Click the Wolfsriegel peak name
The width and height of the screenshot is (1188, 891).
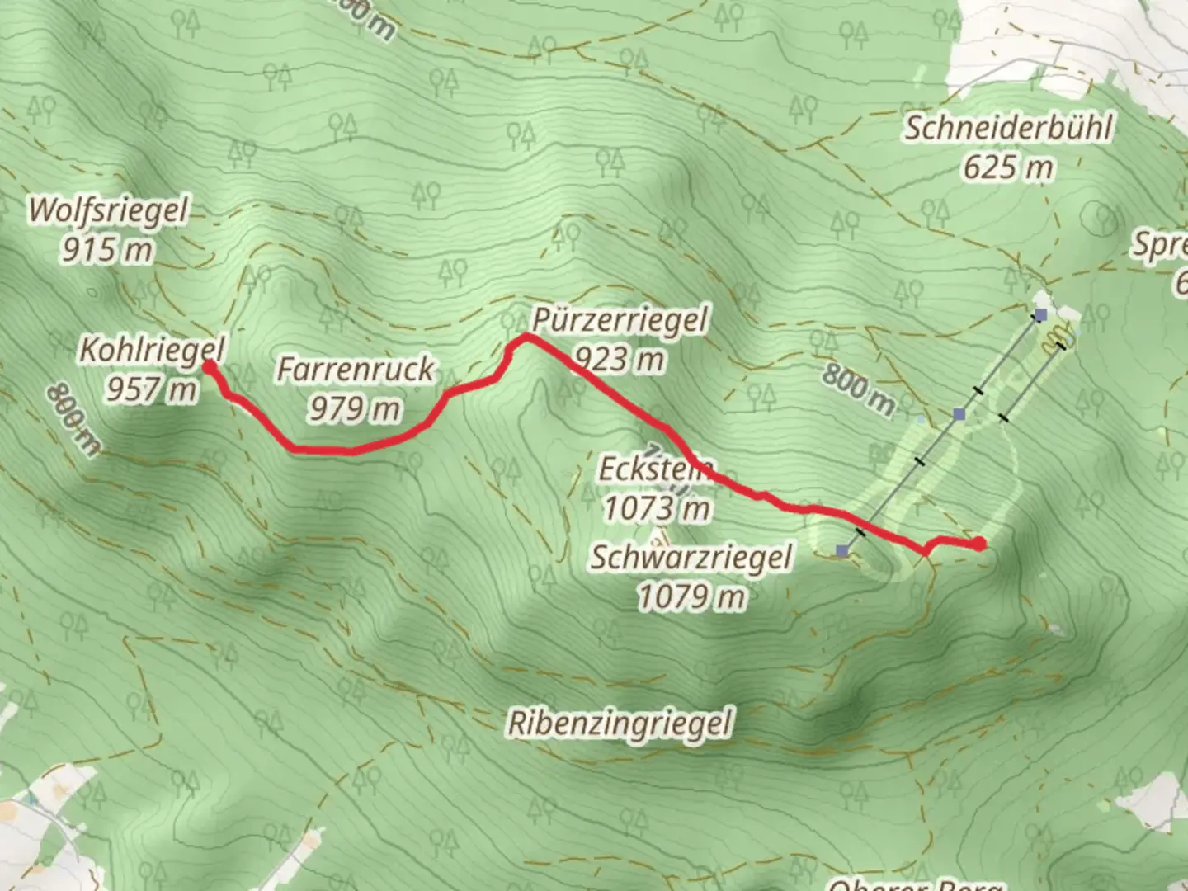108,210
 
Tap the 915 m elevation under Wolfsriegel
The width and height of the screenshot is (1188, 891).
108,248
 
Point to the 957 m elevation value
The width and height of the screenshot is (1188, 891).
152,388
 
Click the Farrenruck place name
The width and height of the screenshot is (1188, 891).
355,370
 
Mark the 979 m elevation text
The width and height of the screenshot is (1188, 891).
355,408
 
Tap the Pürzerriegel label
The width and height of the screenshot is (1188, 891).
619,320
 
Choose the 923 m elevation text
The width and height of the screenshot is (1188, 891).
619,359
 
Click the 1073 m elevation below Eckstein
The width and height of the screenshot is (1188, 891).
657,509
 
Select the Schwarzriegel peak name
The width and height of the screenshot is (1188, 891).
691,558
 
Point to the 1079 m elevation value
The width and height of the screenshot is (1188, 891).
691,596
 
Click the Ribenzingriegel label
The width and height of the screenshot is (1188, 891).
620,724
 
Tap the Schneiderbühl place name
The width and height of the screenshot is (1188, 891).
1008,129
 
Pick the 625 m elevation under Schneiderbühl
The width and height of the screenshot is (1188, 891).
1008,167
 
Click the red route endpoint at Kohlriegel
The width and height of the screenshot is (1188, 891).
210,365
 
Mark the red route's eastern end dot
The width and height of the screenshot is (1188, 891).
978,543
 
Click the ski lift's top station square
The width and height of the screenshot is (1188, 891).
841,550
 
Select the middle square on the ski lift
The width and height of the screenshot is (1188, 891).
959,413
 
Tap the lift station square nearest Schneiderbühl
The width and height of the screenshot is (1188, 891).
1041,314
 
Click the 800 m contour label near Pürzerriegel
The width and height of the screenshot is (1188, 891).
858,389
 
